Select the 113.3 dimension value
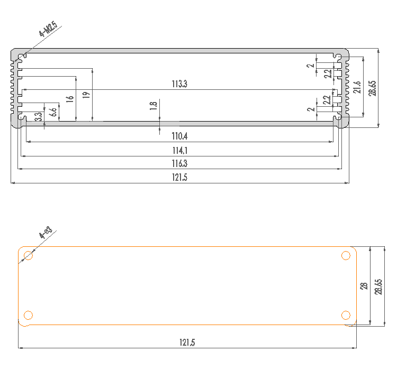click(179, 84)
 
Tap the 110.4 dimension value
click(179, 136)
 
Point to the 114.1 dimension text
click(179, 151)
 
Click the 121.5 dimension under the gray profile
click(179, 178)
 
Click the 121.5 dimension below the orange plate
click(187, 343)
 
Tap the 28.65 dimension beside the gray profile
click(373, 88)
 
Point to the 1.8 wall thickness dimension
click(154, 105)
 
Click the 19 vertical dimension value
click(86, 95)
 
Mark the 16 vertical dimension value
click(70, 99)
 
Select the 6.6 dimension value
click(53, 112)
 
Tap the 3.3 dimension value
click(38, 117)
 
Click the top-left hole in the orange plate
click(29, 256)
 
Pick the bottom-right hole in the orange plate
click(346, 316)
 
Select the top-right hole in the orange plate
click(346, 256)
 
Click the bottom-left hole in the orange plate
click(29, 316)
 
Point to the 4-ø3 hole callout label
click(45, 233)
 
